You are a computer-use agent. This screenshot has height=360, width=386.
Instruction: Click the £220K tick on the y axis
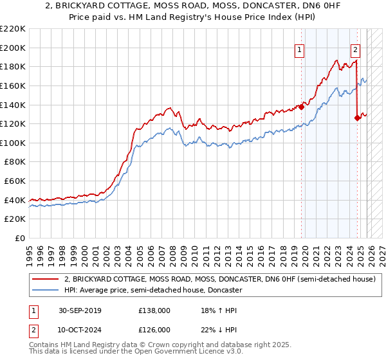[x=13, y=29]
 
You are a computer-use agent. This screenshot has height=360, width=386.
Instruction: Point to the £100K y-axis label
[x=13, y=143]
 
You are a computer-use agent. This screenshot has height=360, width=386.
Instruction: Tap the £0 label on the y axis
[x=21, y=239]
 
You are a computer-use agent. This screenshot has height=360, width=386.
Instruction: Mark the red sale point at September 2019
[x=301, y=107]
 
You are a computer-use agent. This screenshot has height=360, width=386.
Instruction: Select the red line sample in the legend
[x=46, y=280]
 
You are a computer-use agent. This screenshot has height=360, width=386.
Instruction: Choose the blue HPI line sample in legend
[x=46, y=291]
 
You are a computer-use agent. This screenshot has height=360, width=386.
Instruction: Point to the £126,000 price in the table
[x=154, y=329]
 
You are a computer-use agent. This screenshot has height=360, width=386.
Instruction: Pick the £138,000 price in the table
[x=154, y=310]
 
